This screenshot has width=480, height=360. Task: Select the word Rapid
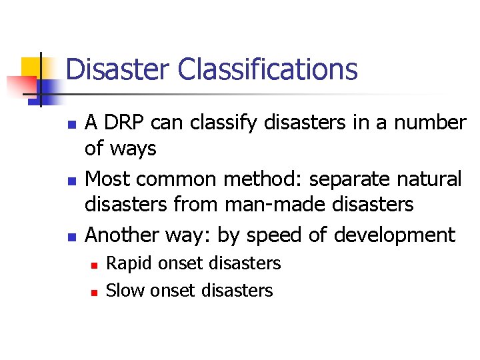pyautogui.click(x=126, y=264)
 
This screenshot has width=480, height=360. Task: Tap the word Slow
pyautogui.click(x=125, y=291)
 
